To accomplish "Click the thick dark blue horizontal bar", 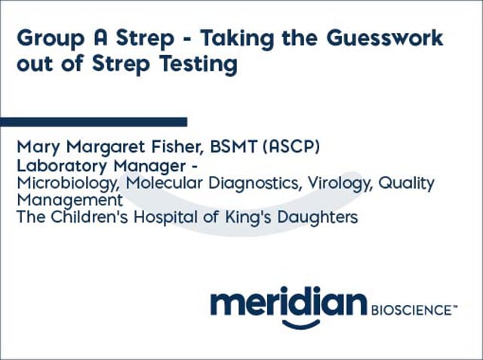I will pyautogui.click(x=94, y=121).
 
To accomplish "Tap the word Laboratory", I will pyautogui.click(x=60, y=166).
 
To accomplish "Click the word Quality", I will pyautogui.click(x=408, y=183).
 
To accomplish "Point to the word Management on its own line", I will pyautogui.click(x=69, y=200).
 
